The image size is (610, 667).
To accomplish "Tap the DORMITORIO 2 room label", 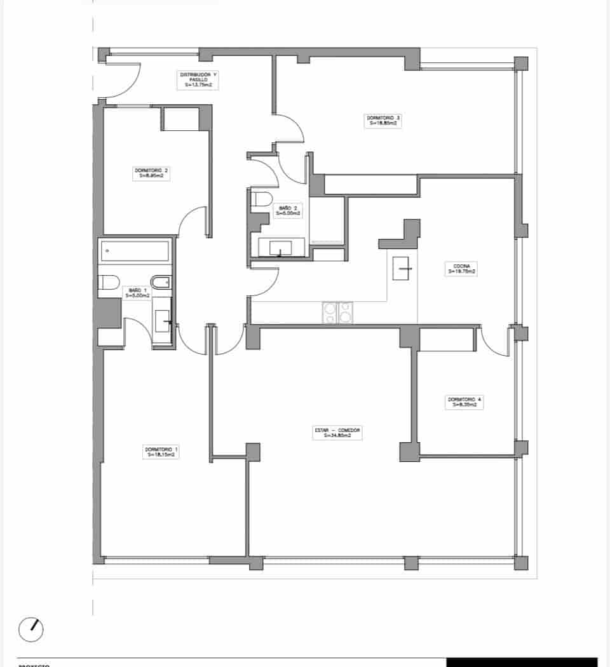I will tap(151, 173).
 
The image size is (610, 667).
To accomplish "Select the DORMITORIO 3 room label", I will tap(383, 121).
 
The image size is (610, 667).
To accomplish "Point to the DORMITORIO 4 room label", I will tap(464, 401).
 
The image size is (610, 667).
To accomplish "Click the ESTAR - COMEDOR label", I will tap(337, 433).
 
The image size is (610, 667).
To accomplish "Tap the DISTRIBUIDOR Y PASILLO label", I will tap(198, 78).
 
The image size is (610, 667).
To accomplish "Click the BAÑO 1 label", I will tap(137, 292).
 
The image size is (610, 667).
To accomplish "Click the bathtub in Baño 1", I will tap(135, 251).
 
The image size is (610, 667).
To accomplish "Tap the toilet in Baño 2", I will tap(261, 199).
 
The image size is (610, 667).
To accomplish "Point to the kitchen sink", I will tap(403, 268).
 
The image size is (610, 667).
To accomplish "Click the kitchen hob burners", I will tap(337, 313).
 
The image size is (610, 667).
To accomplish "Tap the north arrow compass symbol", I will tap(31, 628).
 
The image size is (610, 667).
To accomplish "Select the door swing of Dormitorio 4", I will tap(496, 344).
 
